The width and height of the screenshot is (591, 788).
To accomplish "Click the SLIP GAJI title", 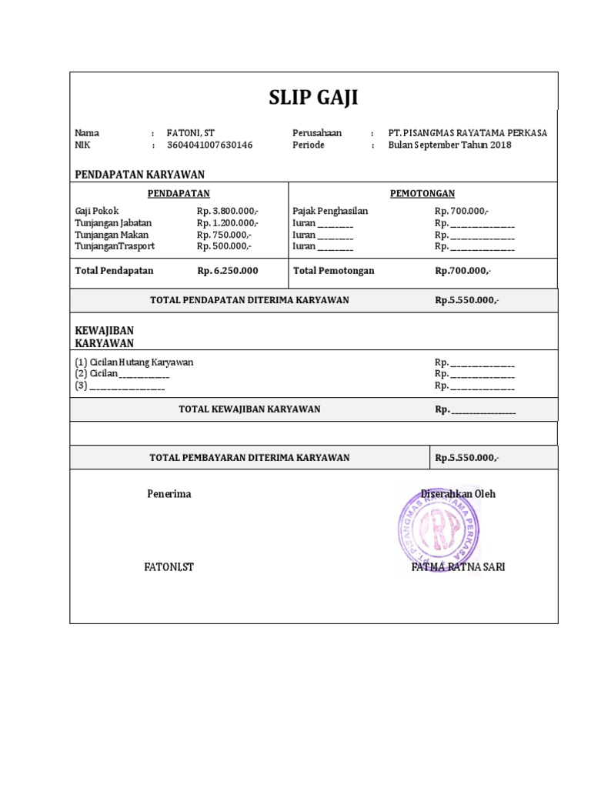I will [x=313, y=98].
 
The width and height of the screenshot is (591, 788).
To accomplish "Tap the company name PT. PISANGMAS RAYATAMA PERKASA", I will [x=468, y=132].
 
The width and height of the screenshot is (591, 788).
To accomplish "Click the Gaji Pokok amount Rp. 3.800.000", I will [x=228, y=211].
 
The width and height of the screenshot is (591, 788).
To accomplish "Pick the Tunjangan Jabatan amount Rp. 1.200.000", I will [x=228, y=222].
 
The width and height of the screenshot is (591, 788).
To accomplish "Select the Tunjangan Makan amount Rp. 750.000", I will [x=224, y=235].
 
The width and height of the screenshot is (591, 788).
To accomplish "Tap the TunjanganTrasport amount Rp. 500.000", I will [x=224, y=246].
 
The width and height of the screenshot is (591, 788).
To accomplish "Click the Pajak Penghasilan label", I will [x=330, y=211].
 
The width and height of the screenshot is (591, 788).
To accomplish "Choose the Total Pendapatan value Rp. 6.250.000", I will [x=228, y=270].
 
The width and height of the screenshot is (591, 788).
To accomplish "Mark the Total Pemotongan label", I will [x=333, y=270].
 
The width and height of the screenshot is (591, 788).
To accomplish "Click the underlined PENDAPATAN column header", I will [x=179, y=193].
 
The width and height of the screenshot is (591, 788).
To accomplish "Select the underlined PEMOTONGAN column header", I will [x=422, y=193].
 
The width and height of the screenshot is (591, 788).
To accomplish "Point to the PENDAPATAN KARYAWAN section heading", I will [x=139, y=174].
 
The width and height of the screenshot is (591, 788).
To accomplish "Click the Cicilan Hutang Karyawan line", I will [x=134, y=362].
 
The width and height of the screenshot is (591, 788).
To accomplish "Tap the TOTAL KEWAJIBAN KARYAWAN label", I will [x=249, y=409].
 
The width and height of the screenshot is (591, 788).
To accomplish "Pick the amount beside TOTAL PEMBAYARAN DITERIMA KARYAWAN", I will [x=467, y=458].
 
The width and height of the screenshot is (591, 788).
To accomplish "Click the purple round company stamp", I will [x=436, y=531].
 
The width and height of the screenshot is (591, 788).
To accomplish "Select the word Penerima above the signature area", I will [x=169, y=493].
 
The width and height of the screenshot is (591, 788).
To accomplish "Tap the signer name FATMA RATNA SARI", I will [x=459, y=567].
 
